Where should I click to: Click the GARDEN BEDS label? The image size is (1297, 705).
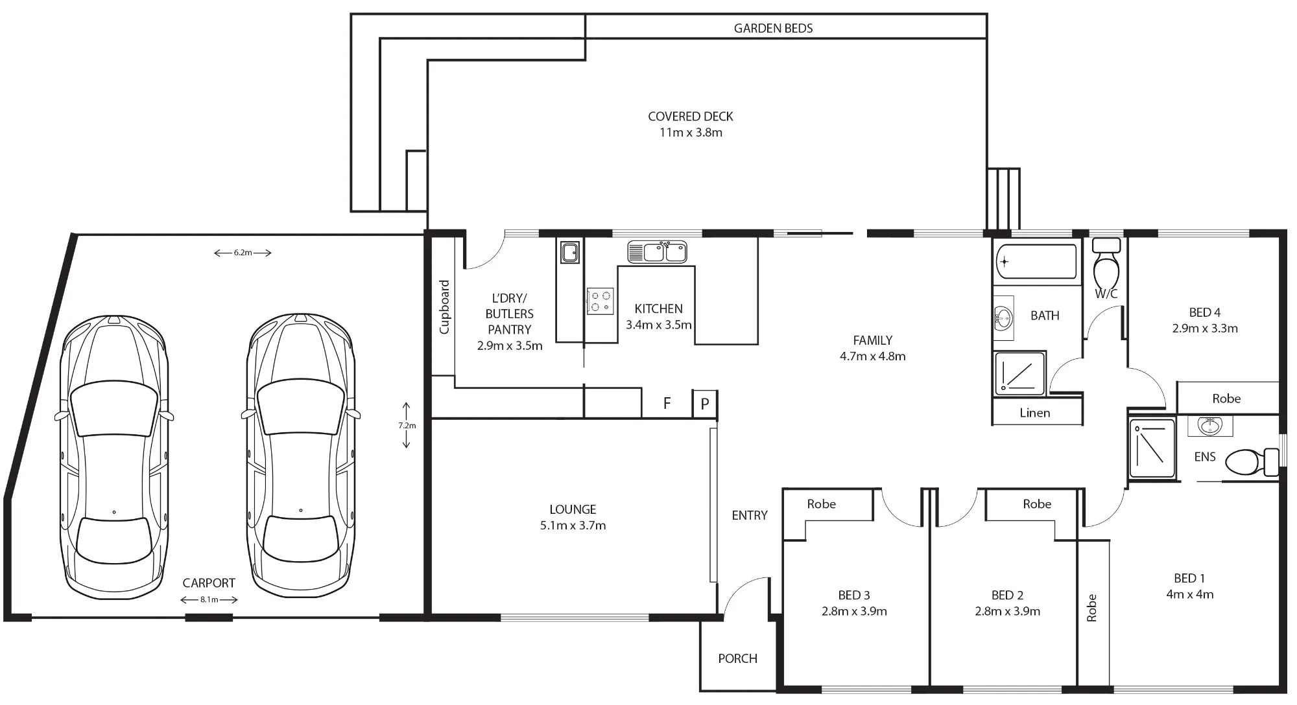[773, 28]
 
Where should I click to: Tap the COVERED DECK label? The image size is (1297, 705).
[691, 117]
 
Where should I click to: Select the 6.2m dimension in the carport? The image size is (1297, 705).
[243, 253]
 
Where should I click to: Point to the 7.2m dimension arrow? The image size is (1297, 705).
[407, 425]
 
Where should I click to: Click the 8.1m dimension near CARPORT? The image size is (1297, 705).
[209, 599]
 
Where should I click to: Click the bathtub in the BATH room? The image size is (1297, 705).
[1036, 261]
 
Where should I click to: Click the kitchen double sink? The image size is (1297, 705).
[657, 251]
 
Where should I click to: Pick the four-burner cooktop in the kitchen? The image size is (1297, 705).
[601, 301]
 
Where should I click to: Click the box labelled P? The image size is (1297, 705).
[705, 404]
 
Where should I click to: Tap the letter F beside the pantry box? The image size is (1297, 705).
[667, 404]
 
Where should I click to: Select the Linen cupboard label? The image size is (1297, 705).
[1034, 413]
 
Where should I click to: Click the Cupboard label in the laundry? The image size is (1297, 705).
[444, 307]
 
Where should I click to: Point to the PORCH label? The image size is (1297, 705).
[737, 658]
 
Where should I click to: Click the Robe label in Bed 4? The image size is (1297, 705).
[1226, 399]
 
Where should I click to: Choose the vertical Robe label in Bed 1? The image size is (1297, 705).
[1091, 608]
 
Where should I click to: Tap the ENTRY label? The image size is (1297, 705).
[750, 515]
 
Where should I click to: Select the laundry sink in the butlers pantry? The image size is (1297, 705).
[570, 252]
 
